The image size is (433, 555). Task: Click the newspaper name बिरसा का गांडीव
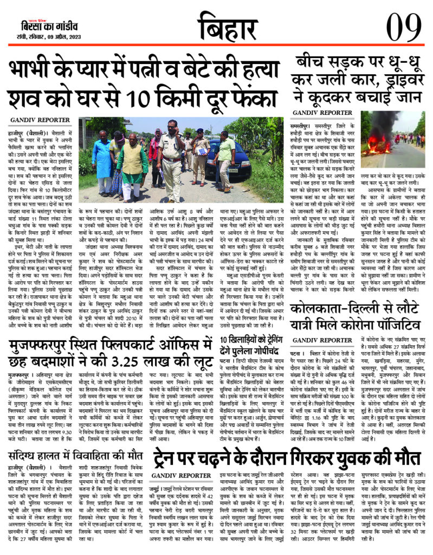(x=43, y=26)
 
